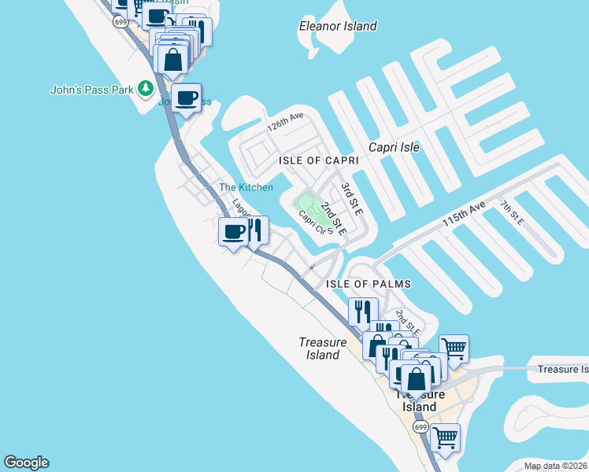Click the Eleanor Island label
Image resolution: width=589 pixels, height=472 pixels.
tap(338, 26)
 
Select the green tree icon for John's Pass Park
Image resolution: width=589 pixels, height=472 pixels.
tap(145, 89)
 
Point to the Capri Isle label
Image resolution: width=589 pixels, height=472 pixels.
tap(395, 147)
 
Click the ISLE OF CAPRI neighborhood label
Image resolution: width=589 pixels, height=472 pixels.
tap(319, 160)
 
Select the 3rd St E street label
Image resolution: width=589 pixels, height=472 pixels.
tap(351, 200)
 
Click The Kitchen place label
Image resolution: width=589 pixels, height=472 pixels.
tap(246, 187)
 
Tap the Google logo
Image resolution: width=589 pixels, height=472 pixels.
tap(26, 463)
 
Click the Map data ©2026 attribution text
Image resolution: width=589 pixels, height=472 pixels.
tap(555, 466)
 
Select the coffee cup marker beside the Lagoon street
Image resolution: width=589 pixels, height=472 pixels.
tap(233, 232)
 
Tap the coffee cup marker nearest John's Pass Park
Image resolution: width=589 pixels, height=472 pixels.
tap(186, 98)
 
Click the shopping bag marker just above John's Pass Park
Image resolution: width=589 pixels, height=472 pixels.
tap(172, 60)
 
